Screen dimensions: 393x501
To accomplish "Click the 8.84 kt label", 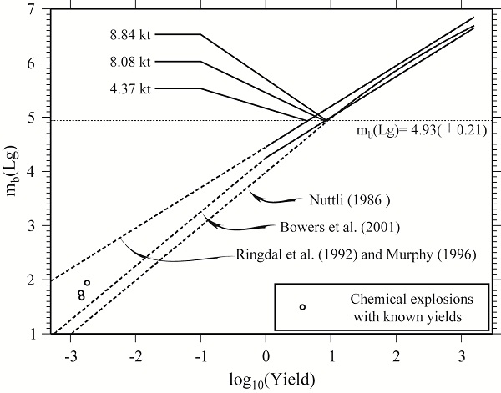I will (x=129, y=35).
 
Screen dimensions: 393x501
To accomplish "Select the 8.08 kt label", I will (x=129, y=62).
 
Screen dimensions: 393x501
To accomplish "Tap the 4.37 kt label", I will (x=129, y=88).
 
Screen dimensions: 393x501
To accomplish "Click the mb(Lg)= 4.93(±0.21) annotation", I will (x=424, y=131).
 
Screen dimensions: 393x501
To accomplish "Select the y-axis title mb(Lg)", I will (x=12, y=171).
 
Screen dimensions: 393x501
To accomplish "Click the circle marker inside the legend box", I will (x=303, y=307).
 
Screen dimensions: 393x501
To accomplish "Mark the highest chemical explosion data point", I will (x=87, y=283).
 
